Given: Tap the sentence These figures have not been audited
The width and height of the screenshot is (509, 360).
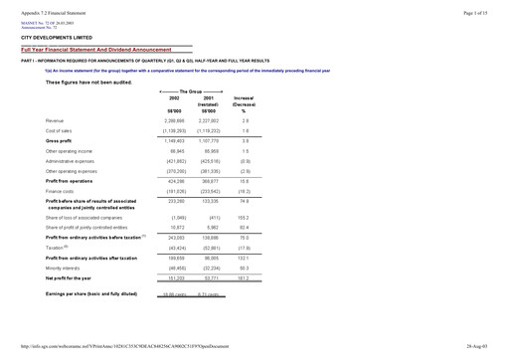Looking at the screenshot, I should coord(87,82).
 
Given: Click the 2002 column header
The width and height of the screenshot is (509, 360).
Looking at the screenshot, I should coord(175,98).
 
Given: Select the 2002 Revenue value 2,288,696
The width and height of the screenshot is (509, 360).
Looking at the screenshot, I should coord(175,119).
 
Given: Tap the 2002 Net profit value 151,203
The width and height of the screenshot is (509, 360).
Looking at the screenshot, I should coord(176,278).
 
